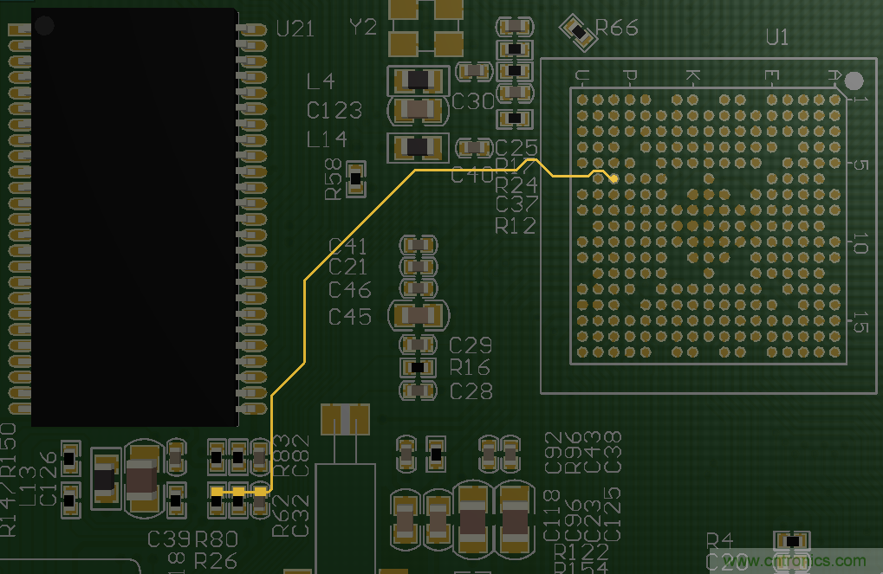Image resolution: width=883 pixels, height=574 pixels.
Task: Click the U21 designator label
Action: pos(295,29)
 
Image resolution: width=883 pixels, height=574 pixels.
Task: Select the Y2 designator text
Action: pos(362,28)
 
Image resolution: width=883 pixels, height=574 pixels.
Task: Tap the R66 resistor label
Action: pos(618,29)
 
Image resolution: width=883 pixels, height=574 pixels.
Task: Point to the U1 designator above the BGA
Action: pos(777,37)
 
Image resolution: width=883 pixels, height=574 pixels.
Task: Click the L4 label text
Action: pos(321,82)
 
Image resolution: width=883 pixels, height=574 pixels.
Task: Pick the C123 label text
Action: pos(334,111)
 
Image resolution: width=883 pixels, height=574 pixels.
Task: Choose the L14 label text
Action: pos(327,139)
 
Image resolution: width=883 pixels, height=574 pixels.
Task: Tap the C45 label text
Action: pos(350,317)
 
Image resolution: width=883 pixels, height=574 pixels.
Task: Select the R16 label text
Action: pos(470,367)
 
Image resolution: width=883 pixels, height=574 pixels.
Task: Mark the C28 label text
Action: pos(471,391)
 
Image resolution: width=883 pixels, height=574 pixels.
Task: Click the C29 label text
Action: pos(471,345)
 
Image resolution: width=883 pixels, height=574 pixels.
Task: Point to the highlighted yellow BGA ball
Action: pos(614,178)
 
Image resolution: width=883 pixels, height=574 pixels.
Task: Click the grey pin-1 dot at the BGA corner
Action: pos(854,81)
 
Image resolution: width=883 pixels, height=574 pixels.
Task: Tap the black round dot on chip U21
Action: pos(43,25)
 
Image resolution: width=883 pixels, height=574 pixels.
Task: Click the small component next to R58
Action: pos(354,178)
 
